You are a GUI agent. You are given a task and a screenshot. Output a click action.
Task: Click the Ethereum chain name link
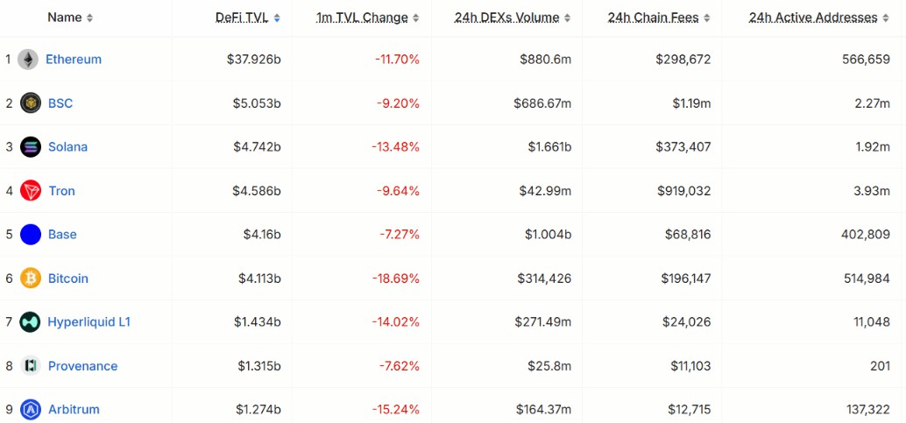coord(74,60)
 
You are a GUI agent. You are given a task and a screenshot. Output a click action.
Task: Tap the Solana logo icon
coord(31,147)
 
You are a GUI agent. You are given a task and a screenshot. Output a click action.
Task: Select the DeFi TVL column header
coord(242,18)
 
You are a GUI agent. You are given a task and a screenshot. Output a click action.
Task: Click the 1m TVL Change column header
coord(362,18)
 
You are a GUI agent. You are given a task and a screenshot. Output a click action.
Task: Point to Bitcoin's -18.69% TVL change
coord(396,278)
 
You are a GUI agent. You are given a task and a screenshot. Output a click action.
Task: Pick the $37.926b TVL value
coord(253,60)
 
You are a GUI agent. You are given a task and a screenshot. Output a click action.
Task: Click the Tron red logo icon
coord(31,191)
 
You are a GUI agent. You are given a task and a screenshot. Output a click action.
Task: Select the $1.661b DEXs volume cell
coord(549,147)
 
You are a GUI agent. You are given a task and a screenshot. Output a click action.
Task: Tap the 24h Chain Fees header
coord(653,18)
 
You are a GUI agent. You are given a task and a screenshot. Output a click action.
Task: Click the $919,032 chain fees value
coord(684,191)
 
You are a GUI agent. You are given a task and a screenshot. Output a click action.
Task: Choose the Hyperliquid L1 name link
coord(89,322)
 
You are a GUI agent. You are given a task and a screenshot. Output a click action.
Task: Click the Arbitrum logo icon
coord(31,409)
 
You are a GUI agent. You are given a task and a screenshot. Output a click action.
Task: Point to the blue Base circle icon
coord(31,235)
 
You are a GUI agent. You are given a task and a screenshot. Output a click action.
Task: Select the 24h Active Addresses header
coord(813,18)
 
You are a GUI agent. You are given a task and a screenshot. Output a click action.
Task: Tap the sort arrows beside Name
coord(89,18)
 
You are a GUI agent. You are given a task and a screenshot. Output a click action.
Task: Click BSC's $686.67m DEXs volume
coord(542,103)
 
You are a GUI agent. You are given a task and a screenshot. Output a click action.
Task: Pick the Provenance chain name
coord(82,366)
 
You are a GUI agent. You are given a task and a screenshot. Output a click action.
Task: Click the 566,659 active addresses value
coord(866,60)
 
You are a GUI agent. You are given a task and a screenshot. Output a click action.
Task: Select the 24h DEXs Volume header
coord(506,18)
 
